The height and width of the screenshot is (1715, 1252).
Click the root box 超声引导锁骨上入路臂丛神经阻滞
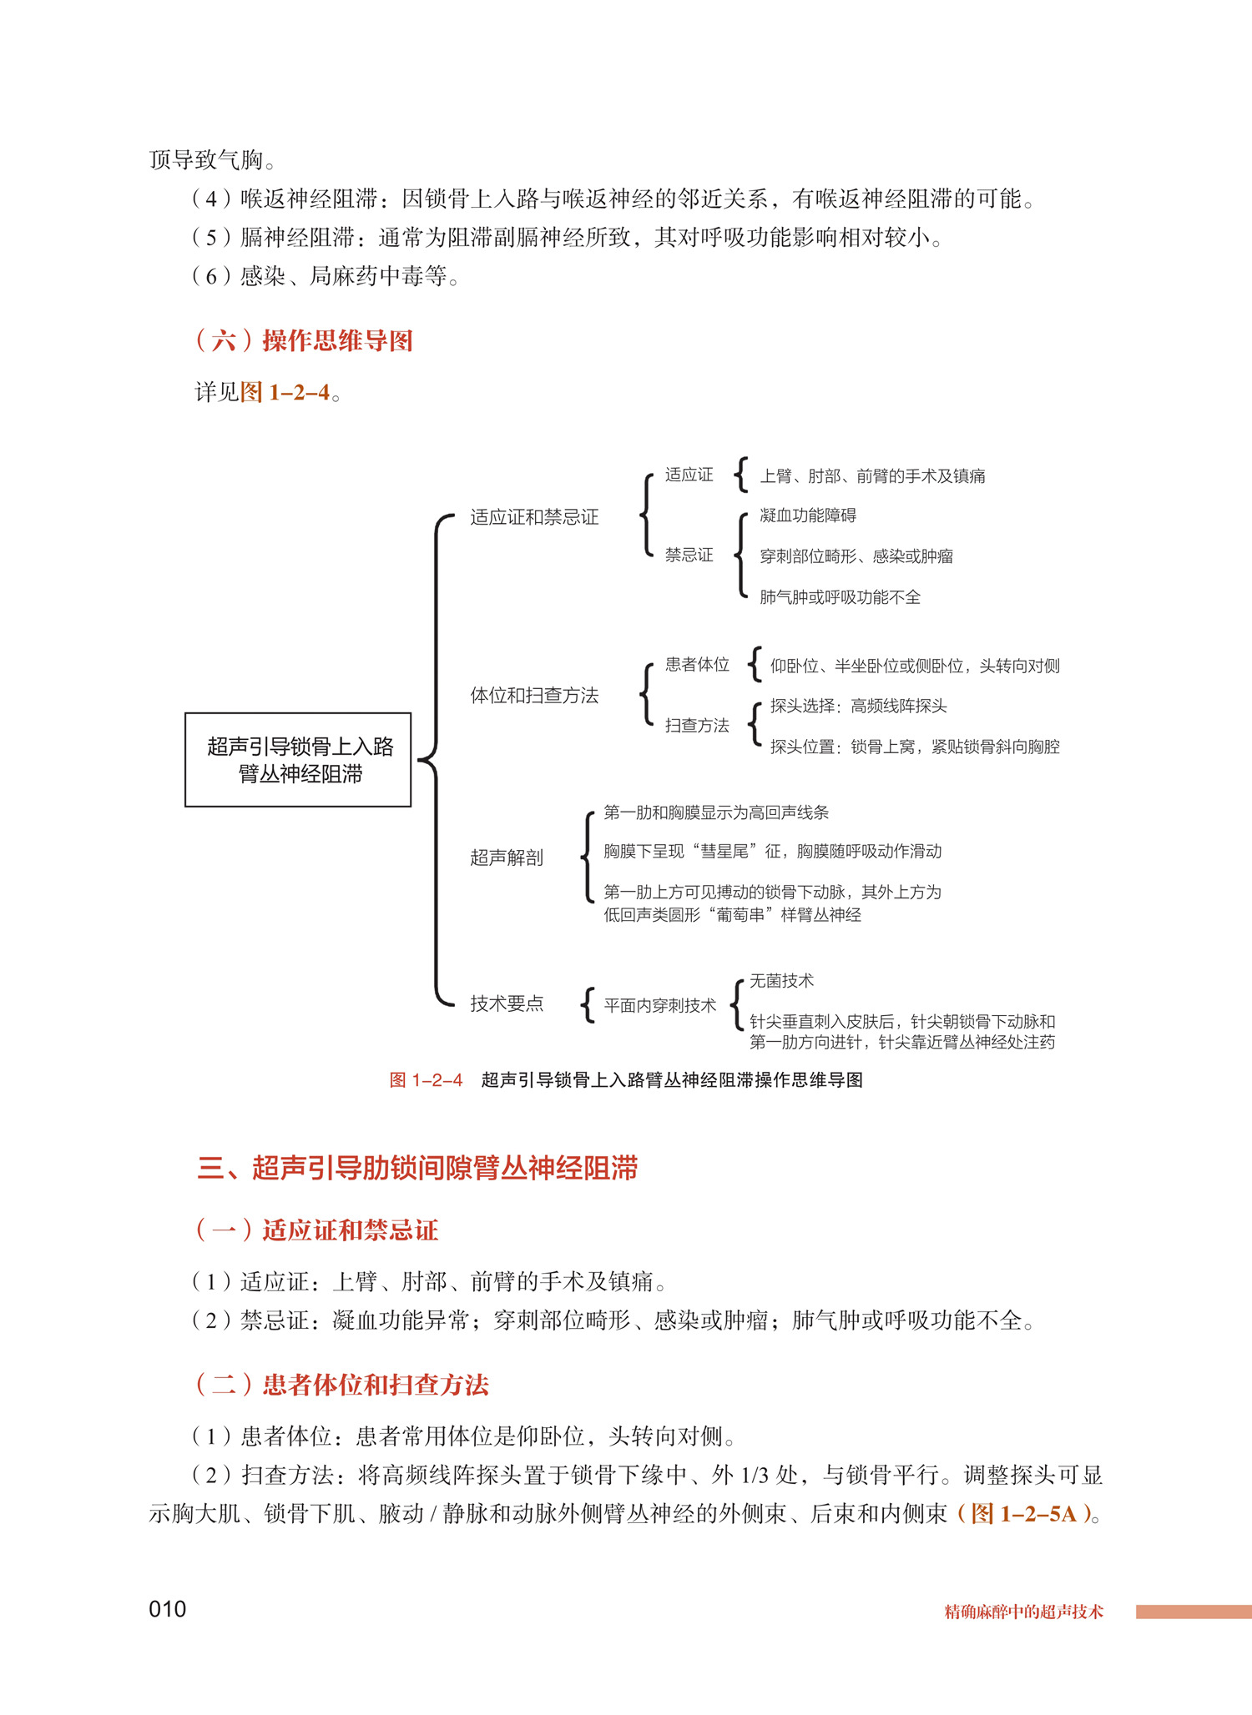298,759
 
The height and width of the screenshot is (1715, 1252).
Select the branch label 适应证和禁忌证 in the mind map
534,517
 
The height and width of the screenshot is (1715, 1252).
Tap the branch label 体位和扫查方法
534,695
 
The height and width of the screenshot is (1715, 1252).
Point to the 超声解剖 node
506,857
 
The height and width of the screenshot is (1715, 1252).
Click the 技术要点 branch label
506,1003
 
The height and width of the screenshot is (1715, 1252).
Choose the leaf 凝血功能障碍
807,516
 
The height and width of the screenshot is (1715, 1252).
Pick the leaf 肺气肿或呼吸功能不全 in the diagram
840,597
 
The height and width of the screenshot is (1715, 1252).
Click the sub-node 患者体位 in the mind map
697,664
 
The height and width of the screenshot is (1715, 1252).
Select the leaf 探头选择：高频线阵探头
858,706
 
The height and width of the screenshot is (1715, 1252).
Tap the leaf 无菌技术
781,981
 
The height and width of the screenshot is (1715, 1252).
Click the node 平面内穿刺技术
659,1005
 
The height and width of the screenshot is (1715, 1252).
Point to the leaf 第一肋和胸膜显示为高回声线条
716,812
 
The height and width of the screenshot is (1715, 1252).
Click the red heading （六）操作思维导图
305,340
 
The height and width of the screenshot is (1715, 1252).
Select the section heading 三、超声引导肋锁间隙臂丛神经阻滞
417,1168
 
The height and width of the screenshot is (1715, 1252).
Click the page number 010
167,1609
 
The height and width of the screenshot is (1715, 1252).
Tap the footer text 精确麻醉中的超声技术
1023,1612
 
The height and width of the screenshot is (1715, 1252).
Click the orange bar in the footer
1194,1612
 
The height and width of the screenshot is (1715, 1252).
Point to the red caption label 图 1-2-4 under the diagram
426,1080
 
